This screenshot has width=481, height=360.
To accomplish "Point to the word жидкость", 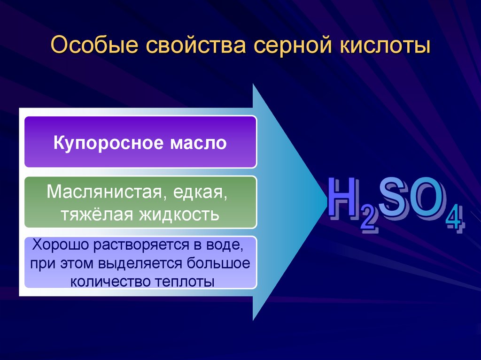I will (179, 214).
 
